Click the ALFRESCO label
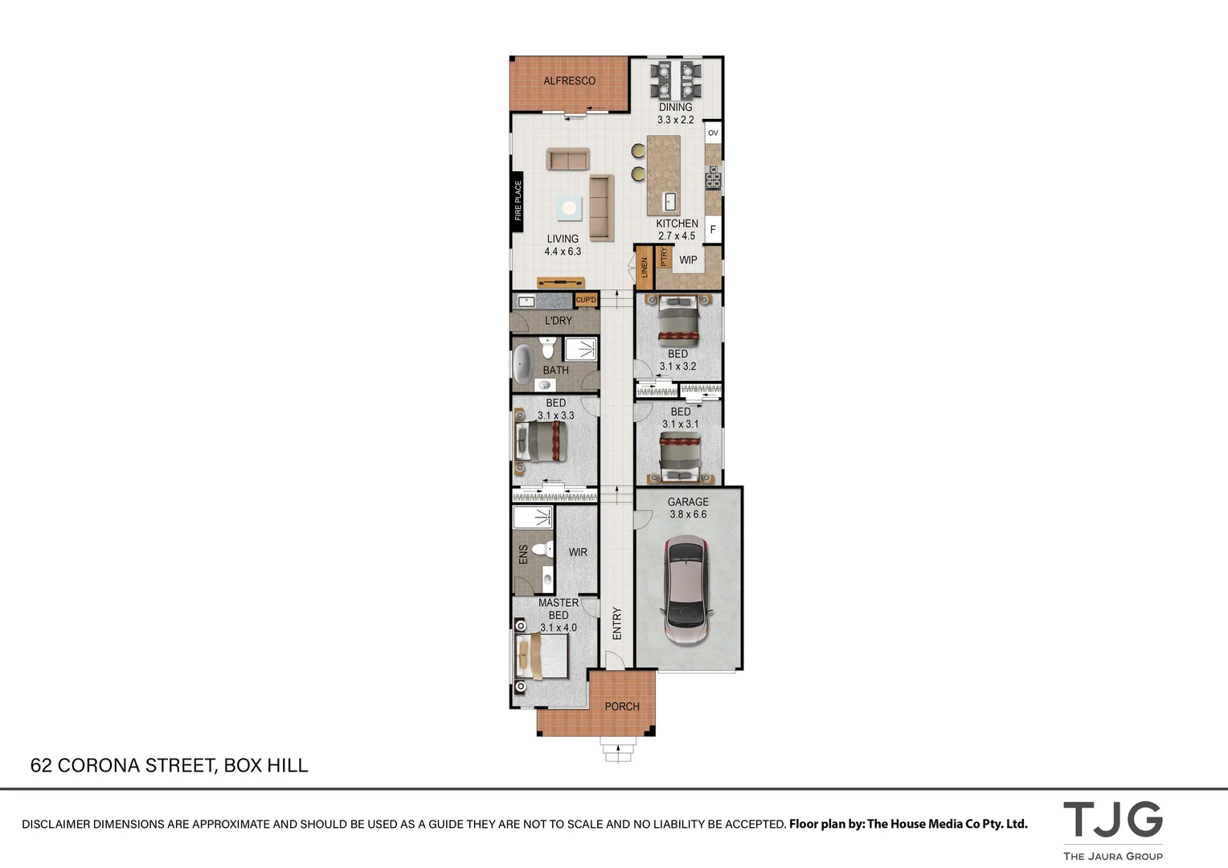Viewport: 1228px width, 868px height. point(569,81)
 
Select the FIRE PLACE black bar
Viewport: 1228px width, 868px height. point(518,201)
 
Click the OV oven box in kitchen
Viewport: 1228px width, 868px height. point(713,133)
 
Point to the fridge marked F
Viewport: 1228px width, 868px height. point(712,230)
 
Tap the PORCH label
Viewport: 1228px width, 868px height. point(622,706)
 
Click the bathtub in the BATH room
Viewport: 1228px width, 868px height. point(523,363)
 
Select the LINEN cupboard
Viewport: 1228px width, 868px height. point(645,268)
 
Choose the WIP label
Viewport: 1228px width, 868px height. point(689,260)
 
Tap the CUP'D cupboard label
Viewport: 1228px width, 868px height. point(587,301)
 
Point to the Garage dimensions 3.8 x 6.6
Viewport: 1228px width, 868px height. point(688,514)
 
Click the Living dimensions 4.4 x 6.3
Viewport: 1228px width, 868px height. point(563,252)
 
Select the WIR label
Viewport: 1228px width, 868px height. point(578,552)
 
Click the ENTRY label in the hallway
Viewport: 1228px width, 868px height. point(617,623)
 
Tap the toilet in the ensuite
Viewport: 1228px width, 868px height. point(546,551)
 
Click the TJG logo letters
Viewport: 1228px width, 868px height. point(1112,820)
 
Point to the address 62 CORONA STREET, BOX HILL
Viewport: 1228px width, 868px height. point(170,765)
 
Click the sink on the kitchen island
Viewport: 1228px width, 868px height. point(669,201)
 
